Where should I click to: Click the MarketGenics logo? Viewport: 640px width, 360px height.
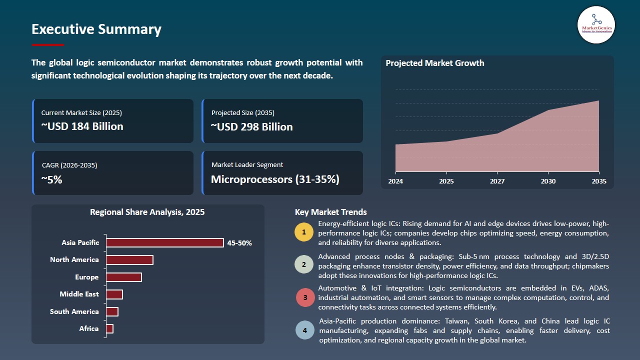click(x=596, y=24)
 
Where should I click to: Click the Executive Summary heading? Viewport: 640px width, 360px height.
click(x=96, y=29)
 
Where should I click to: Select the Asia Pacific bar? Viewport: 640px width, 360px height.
click(x=165, y=243)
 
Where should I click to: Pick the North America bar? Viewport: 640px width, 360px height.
click(x=129, y=260)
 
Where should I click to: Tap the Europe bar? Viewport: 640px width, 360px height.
click(x=124, y=277)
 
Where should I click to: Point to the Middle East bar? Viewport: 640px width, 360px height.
click(x=114, y=294)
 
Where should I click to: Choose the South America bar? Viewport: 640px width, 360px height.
click(x=112, y=311)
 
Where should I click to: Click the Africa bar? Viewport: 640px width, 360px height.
click(x=109, y=328)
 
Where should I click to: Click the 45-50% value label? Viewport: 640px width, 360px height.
click(x=239, y=243)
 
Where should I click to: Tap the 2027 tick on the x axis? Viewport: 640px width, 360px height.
click(x=497, y=181)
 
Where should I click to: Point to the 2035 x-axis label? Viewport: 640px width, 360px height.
click(x=598, y=181)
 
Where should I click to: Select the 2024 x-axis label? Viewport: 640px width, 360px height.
click(x=395, y=181)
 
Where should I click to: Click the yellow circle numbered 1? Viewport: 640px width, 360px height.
click(x=304, y=232)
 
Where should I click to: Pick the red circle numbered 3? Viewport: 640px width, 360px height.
click(x=305, y=298)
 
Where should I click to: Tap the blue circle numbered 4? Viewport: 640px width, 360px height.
click(x=305, y=330)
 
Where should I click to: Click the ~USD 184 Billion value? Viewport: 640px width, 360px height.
click(x=82, y=126)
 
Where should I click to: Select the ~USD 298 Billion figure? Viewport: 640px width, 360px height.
click(x=251, y=127)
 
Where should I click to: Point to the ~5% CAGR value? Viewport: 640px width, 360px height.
click(x=51, y=179)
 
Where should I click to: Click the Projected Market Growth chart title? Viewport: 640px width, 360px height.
click(x=434, y=63)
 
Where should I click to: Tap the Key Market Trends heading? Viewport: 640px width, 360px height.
click(x=331, y=212)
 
